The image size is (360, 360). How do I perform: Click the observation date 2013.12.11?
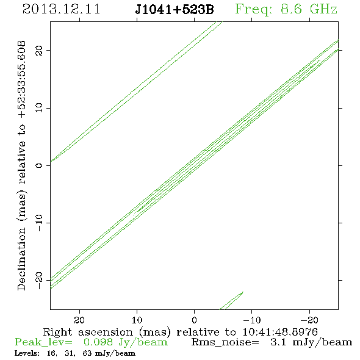61,9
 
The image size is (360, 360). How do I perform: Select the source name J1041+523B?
175,10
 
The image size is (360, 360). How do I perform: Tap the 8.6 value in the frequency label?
291,9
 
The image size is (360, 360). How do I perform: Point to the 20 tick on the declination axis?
39,50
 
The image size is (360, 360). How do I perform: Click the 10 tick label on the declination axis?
39,107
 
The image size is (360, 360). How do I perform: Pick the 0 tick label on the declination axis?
39,165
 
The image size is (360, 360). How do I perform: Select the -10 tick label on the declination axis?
39,223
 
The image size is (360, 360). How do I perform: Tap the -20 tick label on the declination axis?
39,280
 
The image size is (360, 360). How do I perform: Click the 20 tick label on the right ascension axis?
79,320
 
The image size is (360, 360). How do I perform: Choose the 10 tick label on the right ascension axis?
137,320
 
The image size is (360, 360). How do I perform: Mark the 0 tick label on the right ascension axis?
194,320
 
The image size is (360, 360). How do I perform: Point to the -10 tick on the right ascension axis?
252,320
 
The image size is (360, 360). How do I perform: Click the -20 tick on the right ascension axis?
309,320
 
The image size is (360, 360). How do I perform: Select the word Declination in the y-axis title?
21,259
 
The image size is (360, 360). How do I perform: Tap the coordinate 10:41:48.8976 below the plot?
280,332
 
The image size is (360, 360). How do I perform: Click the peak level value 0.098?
98,342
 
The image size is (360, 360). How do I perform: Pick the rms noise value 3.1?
278,342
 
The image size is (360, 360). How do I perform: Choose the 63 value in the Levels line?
87,353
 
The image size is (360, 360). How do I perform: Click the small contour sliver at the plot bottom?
231,301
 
